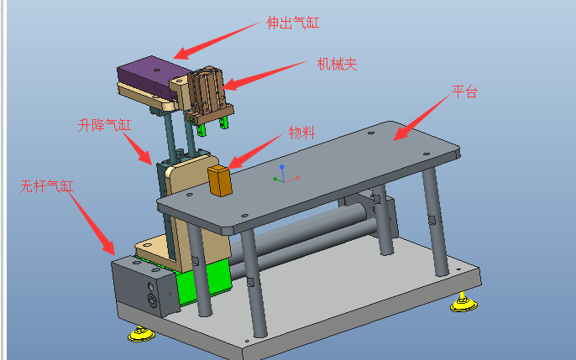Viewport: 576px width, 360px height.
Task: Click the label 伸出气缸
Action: pyautogui.click(x=293, y=23)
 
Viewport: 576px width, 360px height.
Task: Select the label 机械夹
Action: pyautogui.click(x=337, y=64)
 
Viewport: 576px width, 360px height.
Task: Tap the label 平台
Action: pyautogui.click(x=463, y=91)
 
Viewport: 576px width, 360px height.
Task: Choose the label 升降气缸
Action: pyautogui.click(x=105, y=126)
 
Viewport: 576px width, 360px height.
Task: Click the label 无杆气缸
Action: pyautogui.click(x=47, y=186)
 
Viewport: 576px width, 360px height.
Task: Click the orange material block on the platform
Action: pyautogui.click(x=220, y=180)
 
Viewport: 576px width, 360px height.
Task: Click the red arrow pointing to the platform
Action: pyautogui.click(x=421, y=117)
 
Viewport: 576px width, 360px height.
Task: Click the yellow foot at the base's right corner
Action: pyautogui.click(x=459, y=303)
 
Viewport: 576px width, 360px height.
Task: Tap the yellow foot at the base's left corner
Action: pyautogui.click(x=140, y=335)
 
